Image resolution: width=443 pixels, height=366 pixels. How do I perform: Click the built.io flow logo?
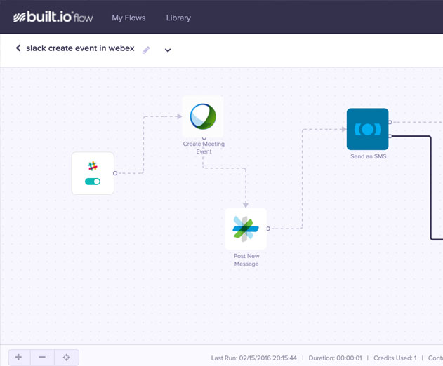click(53, 17)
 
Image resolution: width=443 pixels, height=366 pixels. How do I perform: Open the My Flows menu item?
click(128, 18)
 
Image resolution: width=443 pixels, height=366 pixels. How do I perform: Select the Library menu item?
click(178, 18)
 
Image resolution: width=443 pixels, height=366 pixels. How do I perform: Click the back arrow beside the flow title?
click(18, 48)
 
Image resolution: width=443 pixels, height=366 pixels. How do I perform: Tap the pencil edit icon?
click(146, 50)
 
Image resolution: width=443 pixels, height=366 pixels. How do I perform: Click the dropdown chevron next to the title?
click(168, 50)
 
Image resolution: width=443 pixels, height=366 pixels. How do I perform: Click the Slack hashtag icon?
click(93, 166)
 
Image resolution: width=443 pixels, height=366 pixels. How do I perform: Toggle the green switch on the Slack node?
click(93, 182)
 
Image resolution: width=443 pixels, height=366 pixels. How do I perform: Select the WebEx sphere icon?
click(203, 116)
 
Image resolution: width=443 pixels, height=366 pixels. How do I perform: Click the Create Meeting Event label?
click(204, 147)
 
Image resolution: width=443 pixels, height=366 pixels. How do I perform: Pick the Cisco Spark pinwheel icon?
click(246, 229)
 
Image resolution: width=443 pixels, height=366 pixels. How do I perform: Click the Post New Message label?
click(246, 259)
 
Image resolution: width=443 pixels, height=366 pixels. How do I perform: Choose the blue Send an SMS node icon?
click(368, 129)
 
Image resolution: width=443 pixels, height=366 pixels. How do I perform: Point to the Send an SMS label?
click(368, 156)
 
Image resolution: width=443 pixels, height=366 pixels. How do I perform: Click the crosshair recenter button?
click(67, 358)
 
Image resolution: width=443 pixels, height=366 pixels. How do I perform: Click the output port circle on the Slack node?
click(115, 173)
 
